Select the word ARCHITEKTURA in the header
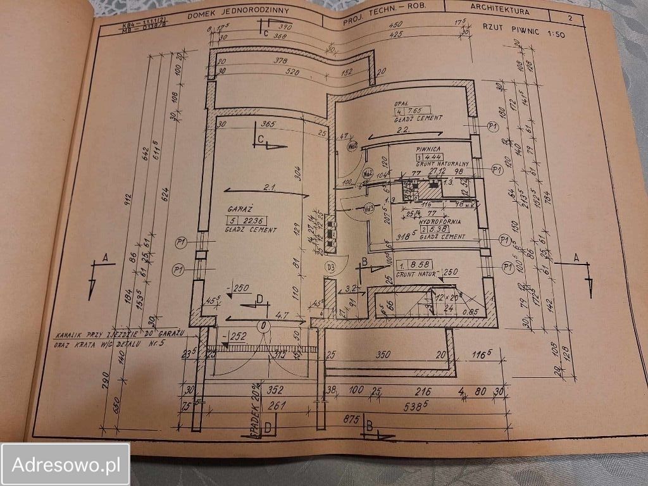pyautogui.click(x=501, y=8)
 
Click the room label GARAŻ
pyautogui.click(x=239, y=208)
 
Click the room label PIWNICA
pyautogui.click(x=428, y=150)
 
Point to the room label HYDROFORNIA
pyautogui.click(x=440, y=223)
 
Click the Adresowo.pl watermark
pyautogui.click(x=65, y=465)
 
